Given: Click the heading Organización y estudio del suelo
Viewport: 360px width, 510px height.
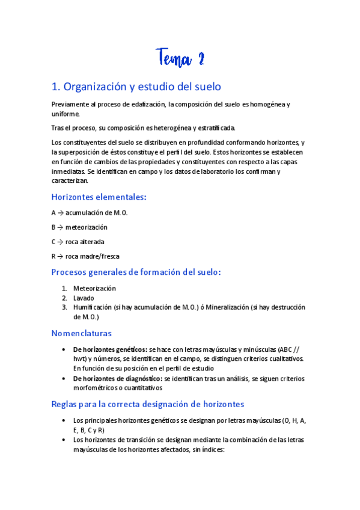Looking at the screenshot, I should (x=136, y=87).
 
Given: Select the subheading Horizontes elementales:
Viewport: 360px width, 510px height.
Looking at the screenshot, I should (x=99, y=197).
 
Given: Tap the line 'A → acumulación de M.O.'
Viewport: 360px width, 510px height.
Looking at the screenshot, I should (x=90, y=212).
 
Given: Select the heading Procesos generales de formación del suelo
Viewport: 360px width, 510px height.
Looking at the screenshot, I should (x=137, y=272).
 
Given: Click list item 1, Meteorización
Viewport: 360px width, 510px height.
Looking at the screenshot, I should (x=94, y=288).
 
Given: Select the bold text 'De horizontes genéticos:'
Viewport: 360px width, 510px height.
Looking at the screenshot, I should (x=110, y=349).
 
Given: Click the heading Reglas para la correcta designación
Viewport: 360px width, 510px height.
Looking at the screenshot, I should (x=148, y=404).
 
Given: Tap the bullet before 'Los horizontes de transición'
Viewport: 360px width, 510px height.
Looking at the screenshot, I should (x=64, y=440).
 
